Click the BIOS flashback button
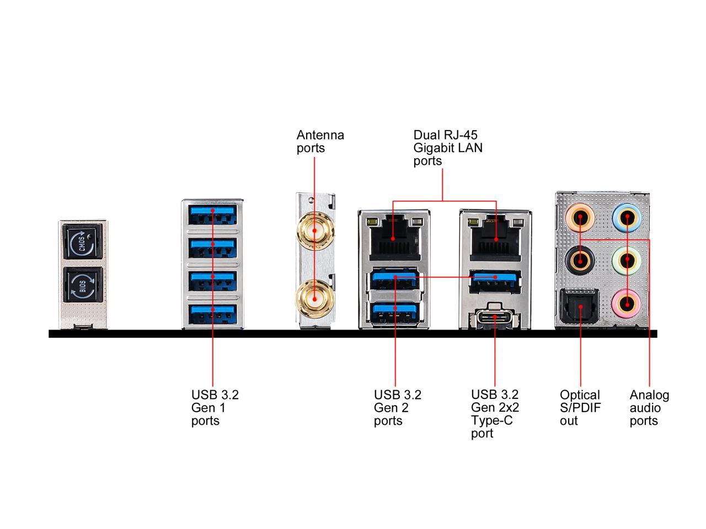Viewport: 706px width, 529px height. tap(83, 285)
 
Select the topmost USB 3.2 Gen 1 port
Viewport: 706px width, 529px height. tap(212, 214)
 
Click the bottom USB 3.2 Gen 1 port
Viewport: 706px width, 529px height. tap(212, 314)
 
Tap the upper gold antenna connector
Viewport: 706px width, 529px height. tap(315, 231)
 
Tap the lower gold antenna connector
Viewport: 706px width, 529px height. tap(314, 299)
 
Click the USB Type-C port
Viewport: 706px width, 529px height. tap(494, 316)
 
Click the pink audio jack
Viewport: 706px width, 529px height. tap(627, 303)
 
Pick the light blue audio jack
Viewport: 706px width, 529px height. tap(627, 218)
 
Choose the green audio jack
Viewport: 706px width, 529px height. tap(627, 260)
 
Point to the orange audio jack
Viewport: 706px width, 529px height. tap(580, 218)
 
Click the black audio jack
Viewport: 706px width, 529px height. tap(580, 260)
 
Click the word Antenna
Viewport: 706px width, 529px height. tap(320, 135)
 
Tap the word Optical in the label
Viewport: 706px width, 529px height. tap(580, 395)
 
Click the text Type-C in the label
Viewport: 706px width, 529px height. tap(492, 420)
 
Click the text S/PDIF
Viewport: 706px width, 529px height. tap(580, 408)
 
